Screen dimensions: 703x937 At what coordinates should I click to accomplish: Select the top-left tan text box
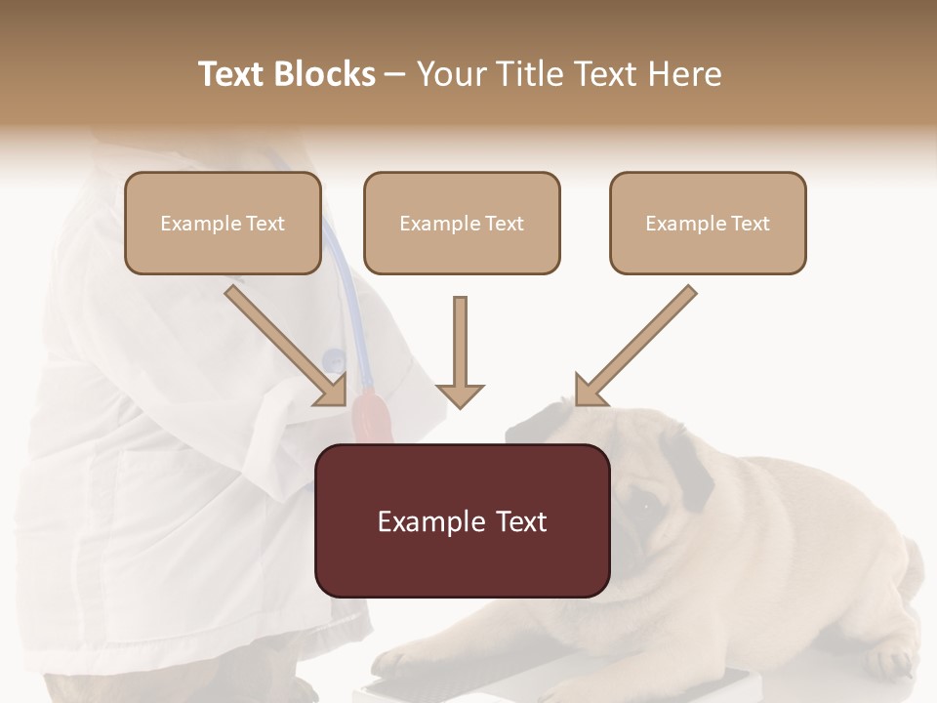click(223, 224)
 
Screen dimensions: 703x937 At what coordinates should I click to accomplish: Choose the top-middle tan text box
click(462, 224)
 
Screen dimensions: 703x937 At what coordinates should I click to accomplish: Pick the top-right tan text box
click(708, 224)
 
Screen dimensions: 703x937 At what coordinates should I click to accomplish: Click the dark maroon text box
click(462, 520)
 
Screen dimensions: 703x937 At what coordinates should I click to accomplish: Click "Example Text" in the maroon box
click(462, 521)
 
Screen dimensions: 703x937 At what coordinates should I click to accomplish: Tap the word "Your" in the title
click(452, 74)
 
